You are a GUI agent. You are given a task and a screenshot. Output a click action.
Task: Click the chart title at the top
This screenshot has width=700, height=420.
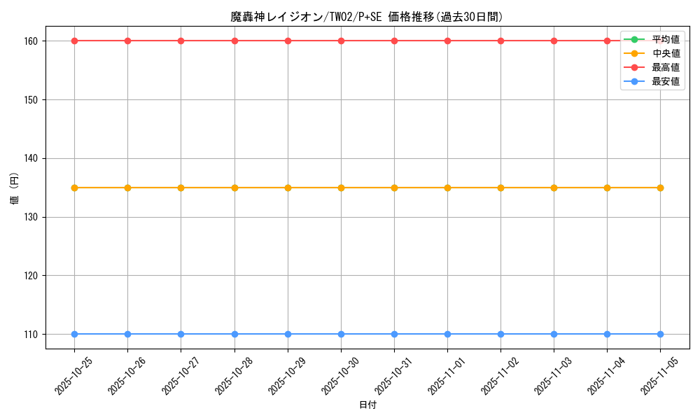[x=367, y=17]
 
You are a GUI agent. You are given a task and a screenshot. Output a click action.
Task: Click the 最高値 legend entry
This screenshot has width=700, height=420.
[x=665, y=67]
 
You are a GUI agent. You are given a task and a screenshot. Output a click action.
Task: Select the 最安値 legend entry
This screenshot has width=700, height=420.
[x=665, y=81]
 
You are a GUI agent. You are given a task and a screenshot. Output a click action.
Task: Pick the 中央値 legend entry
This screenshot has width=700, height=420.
[x=665, y=53]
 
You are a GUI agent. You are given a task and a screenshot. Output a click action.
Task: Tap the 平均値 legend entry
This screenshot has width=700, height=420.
[x=665, y=39]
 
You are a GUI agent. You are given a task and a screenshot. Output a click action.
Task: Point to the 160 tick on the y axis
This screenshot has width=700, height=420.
[x=32, y=41]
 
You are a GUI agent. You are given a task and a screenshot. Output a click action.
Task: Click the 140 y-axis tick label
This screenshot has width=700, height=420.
[x=32, y=158]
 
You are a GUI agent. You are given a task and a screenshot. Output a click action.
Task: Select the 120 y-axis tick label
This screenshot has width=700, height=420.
[x=32, y=275]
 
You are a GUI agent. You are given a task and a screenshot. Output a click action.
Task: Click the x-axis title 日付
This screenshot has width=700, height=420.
[x=367, y=405]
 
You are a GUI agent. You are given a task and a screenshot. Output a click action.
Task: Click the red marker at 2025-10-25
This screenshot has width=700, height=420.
[x=74, y=41]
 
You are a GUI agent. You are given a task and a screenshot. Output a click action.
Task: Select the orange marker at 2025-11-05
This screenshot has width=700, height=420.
[x=660, y=188]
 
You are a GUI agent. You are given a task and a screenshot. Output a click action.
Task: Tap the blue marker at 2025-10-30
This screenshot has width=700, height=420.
[x=341, y=334]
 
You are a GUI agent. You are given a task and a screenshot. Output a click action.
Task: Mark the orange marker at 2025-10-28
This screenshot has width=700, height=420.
[x=234, y=188]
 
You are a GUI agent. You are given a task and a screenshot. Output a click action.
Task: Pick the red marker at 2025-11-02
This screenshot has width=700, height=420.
[x=500, y=41]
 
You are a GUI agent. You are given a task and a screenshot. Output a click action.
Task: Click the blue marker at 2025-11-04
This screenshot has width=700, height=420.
[x=607, y=334]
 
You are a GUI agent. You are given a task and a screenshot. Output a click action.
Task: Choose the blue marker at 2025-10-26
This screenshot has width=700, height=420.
[x=127, y=334]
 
